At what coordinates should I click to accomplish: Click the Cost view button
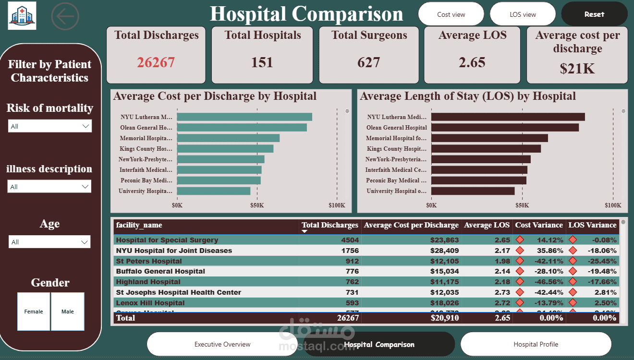pos(451,14)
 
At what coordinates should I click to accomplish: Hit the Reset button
pos(594,14)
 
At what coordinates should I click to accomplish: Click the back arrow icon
pos(65,16)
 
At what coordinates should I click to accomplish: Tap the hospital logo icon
pos(22,16)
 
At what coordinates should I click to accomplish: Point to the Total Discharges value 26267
pos(156,62)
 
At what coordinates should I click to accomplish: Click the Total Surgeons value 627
pos(368,62)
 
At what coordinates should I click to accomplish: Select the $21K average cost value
pos(577,69)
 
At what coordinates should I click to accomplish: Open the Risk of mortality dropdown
pos(50,126)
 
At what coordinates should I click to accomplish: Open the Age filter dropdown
pos(49,242)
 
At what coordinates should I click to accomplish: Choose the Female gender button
pos(34,312)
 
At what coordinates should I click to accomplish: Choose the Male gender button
pos(68,312)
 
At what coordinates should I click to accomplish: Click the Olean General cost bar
pos(242,128)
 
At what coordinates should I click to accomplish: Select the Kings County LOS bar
pos(486,149)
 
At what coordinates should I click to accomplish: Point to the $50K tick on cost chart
pos(257,205)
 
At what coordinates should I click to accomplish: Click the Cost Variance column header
pos(538,225)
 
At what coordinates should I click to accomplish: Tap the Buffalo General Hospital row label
pos(160,271)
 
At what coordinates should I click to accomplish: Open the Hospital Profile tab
pos(536,344)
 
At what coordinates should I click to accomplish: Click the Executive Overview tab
pos(222,344)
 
